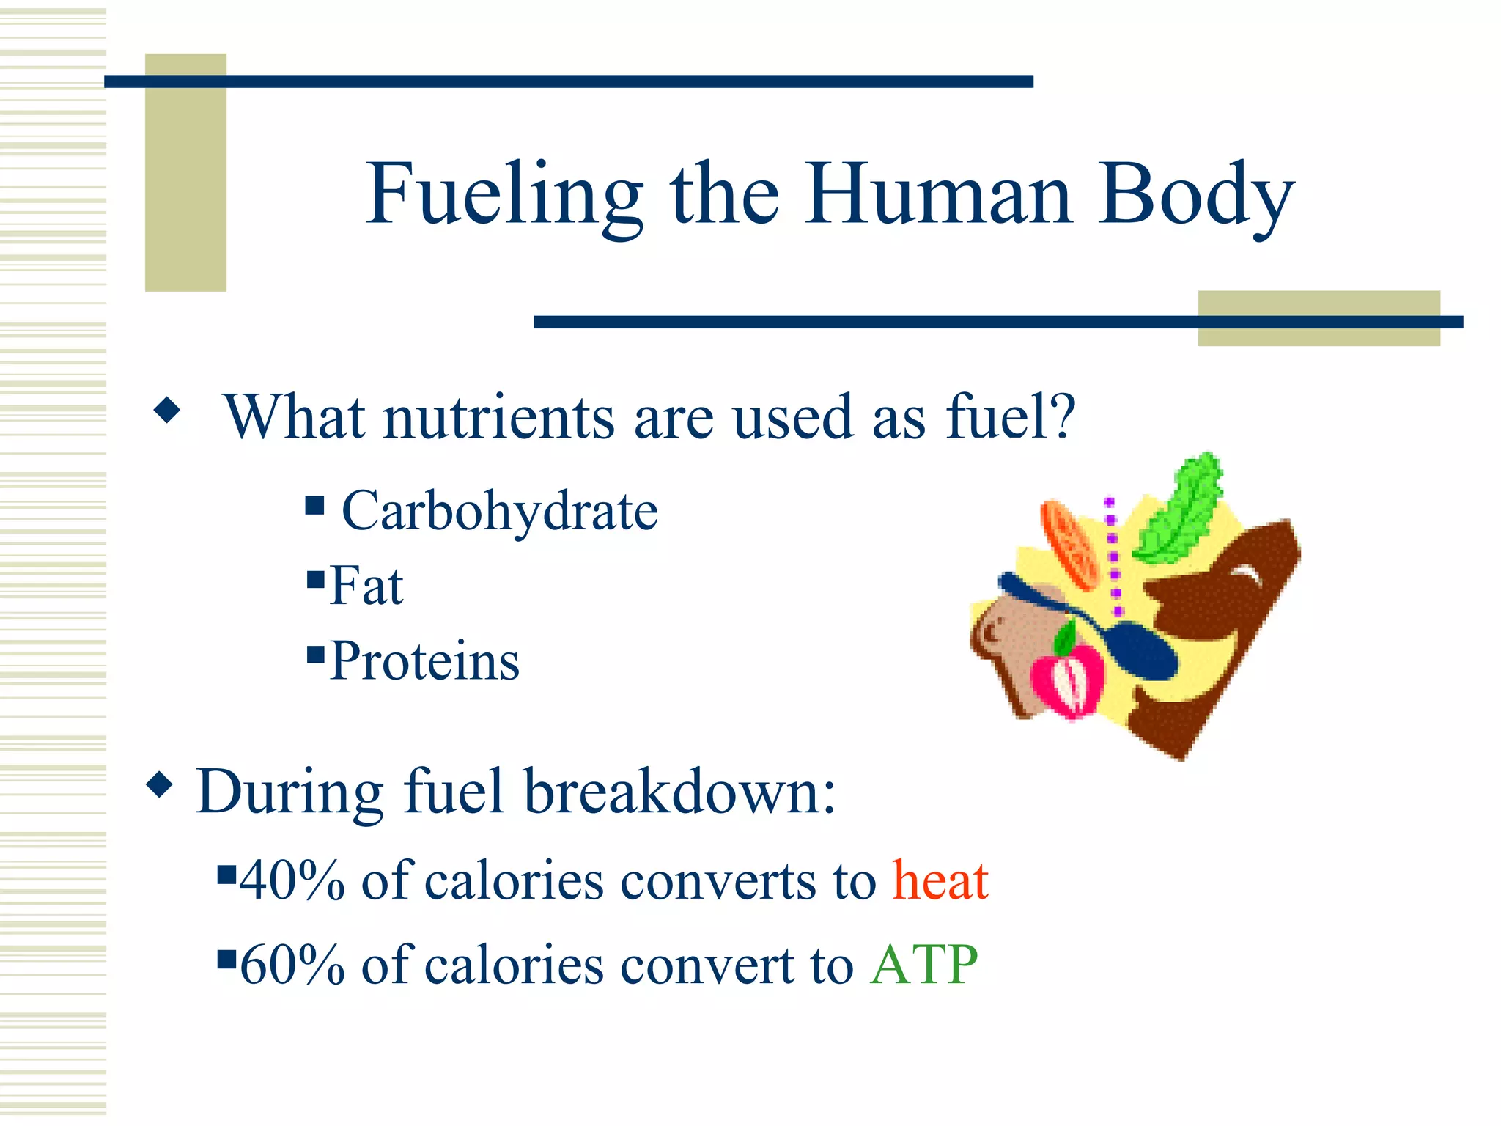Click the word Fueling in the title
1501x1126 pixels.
[x=504, y=196]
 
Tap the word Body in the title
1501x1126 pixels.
[x=1195, y=196]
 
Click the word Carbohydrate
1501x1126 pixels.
[x=500, y=512]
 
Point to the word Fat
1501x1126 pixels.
[x=366, y=586]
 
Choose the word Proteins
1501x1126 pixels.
[x=424, y=661]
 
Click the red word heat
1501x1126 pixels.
[x=940, y=880]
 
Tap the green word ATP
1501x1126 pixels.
[x=924, y=965]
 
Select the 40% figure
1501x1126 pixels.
[x=292, y=880]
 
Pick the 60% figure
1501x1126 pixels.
[x=292, y=965]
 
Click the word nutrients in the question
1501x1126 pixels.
[x=498, y=418]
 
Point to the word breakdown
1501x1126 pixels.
[x=680, y=792]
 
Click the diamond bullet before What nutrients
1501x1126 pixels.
[x=167, y=411]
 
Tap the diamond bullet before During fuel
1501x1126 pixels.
[x=160, y=785]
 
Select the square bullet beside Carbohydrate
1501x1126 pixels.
[x=315, y=505]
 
